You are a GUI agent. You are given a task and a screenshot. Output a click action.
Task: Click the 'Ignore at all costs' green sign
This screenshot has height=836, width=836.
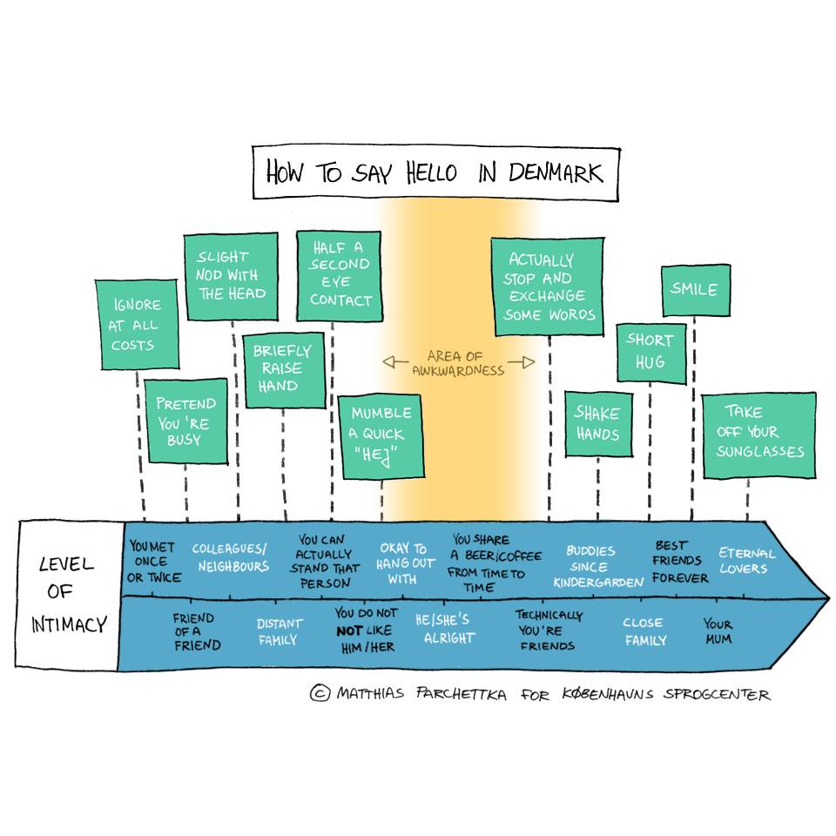tap(136, 325)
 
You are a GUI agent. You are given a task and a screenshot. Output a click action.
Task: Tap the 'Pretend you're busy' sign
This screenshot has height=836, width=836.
tap(185, 421)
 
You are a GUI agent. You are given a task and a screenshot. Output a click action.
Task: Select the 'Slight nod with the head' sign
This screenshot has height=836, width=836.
tap(231, 275)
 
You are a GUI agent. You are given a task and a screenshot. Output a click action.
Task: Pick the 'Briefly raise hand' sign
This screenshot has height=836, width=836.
tap(282, 369)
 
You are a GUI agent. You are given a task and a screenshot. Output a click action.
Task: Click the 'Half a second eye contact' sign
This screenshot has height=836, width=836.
tap(340, 274)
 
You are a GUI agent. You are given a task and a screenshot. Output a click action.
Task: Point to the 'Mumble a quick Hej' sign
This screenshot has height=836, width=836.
tap(381, 435)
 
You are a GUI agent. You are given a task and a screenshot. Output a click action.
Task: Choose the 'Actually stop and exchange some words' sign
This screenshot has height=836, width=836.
tap(548, 287)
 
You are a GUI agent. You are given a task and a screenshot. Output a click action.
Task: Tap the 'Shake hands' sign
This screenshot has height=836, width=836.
tap(597, 424)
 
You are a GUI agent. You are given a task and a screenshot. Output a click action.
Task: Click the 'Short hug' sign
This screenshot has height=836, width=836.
tap(651, 352)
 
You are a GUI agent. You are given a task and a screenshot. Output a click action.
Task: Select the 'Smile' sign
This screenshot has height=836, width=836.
tap(694, 289)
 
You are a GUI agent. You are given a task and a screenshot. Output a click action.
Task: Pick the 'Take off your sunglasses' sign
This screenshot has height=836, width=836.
tap(758, 433)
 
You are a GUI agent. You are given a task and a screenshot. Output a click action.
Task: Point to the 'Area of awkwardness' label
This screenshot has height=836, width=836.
tap(460, 363)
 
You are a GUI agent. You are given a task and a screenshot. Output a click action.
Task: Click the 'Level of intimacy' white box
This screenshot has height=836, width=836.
tap(66, 596)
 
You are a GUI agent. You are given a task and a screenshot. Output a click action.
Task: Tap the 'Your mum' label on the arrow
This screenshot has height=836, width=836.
tap(718, 631)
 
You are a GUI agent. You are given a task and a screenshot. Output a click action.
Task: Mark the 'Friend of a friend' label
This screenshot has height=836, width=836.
tap(196, 631)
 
